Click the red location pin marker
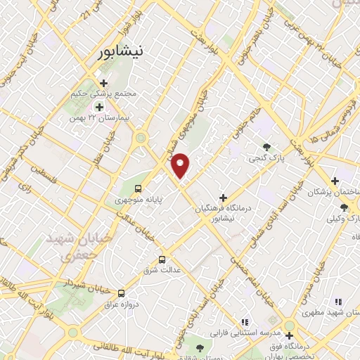point(181,165)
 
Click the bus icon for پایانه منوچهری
point(139,188)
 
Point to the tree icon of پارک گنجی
point(267,147)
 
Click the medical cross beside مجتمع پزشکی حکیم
point(103,83)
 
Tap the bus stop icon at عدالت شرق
point(163,258)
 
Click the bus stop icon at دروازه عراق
point(122,293)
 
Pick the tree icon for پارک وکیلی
point(344,207)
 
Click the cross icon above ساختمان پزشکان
point(335,181)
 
